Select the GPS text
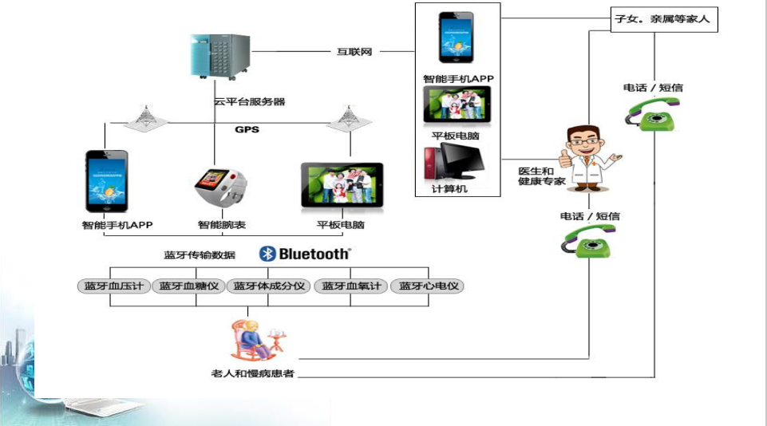point(247,129)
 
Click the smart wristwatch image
point(218,188)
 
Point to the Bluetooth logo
point(304,254)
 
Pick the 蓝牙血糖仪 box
point(189,286)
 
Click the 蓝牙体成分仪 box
point(270,286)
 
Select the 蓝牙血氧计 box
point(350,286)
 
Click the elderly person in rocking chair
point(253,341)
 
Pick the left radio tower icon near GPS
point(146,117)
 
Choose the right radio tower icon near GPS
point(348,117)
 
